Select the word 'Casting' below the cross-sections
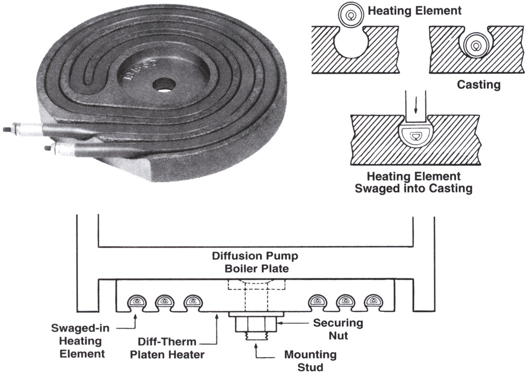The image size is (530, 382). pos(479,84)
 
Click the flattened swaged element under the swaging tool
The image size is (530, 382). pos(416,136)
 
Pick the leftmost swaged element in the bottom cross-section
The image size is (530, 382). pos(137,302)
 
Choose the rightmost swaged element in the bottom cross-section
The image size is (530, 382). pos(373,302)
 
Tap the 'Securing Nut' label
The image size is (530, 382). pos(337,328)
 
